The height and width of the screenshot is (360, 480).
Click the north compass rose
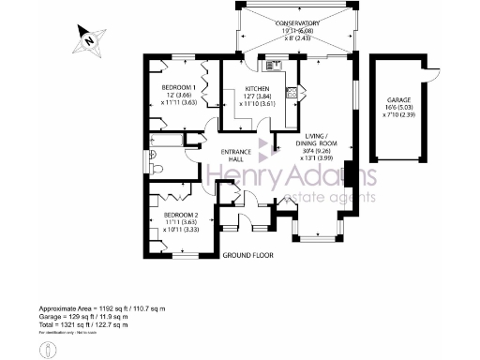pos(87,39)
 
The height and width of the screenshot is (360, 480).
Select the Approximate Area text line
pos(101,308)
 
